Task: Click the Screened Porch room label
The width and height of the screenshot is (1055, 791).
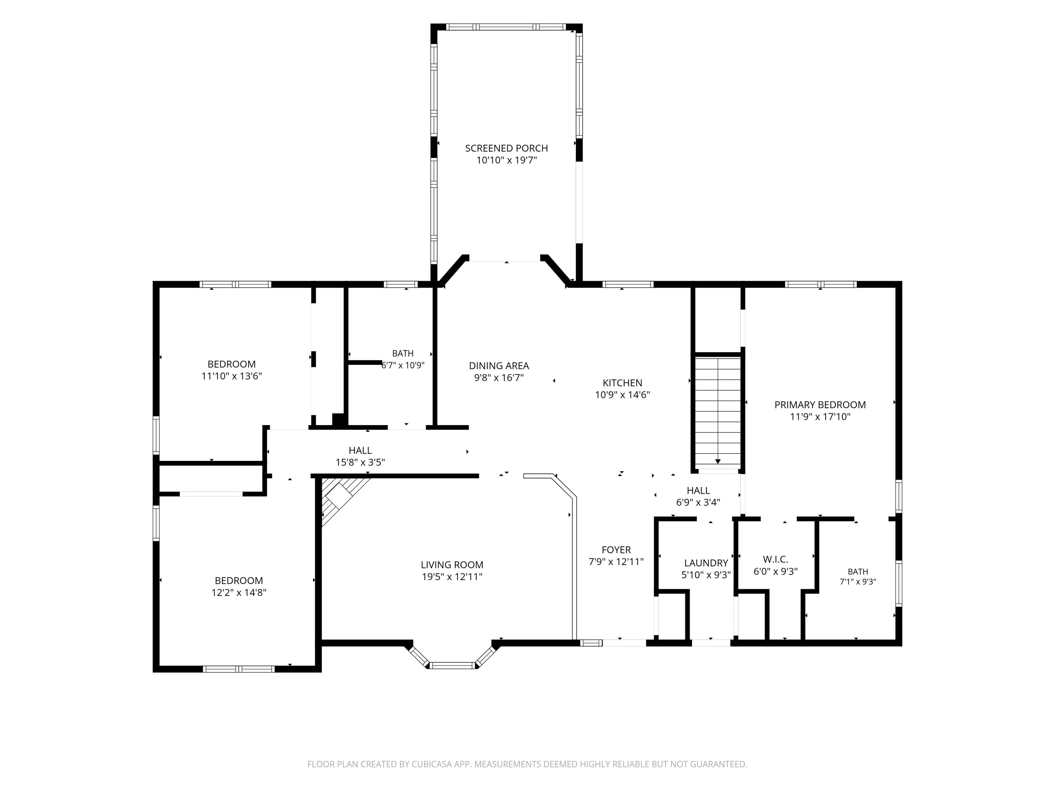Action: click(x=506, y=148)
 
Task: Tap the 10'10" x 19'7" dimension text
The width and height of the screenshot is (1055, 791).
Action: click(x=506, y=160)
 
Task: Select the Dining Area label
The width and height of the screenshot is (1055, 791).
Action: click(x=499, y=366)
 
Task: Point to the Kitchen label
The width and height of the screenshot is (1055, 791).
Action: click(x=622, y=383)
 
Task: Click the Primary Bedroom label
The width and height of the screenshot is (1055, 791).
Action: click(x=820, y=405)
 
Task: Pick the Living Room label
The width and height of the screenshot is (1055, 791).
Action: click(x=452, y=565)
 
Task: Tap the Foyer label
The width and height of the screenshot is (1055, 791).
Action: click(x=616, y=550)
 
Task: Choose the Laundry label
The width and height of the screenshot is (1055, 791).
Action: click(x=706, y=563)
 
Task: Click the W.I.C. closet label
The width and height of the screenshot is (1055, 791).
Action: click(x=775, y=559)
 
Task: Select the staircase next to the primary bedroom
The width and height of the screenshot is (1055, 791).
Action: click(x=717, y=412)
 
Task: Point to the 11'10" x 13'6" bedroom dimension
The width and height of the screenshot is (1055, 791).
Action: click(x=231, y=376)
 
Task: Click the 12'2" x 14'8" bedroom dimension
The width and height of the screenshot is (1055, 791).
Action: click(x=238, y=593)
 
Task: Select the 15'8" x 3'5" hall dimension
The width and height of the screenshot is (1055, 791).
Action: click(x=360, y=462)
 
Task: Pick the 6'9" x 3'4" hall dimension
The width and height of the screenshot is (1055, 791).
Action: click(x=698, y=502)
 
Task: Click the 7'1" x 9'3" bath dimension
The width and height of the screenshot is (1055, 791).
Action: click(x=858, y=582)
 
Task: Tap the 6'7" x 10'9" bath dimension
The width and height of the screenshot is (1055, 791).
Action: click(x=403, y=365)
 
